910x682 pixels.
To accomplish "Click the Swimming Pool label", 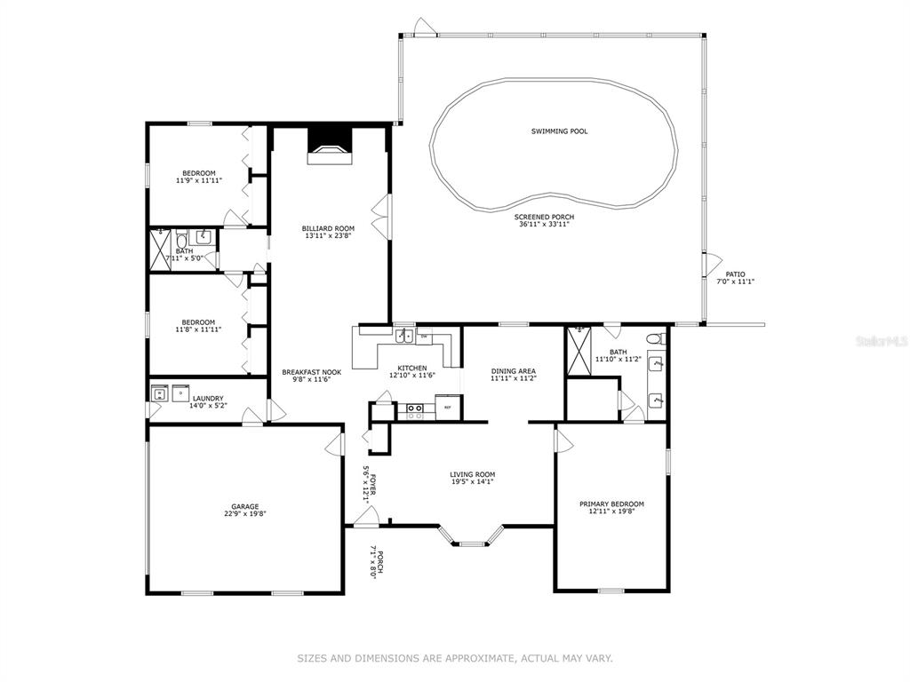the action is (x=559, y=131).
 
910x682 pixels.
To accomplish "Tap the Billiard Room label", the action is (x=328, y=228).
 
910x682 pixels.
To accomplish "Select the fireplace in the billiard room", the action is (x=330, y=147).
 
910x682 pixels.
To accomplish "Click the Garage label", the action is (x=245, y=506).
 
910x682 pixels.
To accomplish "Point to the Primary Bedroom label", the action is (x=611, y=504).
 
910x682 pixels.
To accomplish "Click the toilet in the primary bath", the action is (x=657, y=338).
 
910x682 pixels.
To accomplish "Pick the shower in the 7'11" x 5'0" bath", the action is (x=160, y=250).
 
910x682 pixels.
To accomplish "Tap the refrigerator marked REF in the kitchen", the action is (x=448, y=407).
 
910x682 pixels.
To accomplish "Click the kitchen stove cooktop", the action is (x=414, y=411).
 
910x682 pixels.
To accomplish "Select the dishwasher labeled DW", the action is (x=424, y=337).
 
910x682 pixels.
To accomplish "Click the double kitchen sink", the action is (x=404, y=336).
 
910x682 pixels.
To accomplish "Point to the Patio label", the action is (x=735, y=274).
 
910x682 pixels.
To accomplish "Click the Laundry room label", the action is (x=208, y=399).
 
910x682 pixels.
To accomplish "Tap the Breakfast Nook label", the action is (x=312, y=372).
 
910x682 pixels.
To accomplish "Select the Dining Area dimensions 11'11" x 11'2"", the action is (x=514, y=378).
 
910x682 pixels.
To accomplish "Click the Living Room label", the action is (x=473, y=474).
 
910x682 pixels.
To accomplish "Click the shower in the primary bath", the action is (x=579, y=351).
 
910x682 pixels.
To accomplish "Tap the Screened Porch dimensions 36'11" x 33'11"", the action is (x=544, y=224).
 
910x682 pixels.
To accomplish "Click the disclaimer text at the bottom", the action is (x=455, y=658).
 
